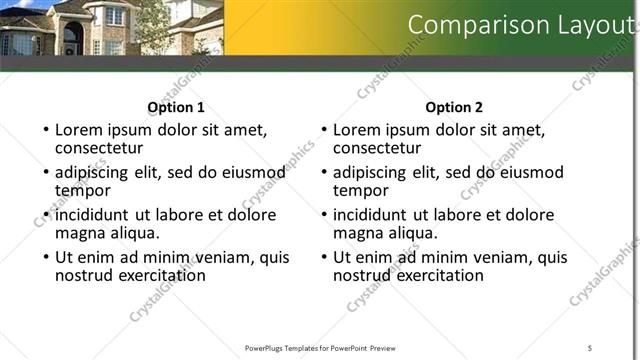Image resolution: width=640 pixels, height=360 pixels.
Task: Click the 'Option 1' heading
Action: (176, 107)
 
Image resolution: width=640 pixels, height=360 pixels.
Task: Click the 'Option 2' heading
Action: (454, 107)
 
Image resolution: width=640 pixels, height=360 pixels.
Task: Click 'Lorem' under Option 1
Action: (80, 129)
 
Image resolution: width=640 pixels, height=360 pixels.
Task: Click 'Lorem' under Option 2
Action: (358, 129)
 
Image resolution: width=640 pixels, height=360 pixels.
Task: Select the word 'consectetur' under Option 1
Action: (98, 148)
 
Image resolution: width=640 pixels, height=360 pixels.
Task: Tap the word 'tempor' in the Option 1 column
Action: (82, 190)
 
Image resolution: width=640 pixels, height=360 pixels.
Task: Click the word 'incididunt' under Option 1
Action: (92, 214)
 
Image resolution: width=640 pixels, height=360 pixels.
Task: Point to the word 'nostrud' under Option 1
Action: (87, 275)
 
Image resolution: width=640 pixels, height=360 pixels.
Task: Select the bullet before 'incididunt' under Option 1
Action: (46, 215)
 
